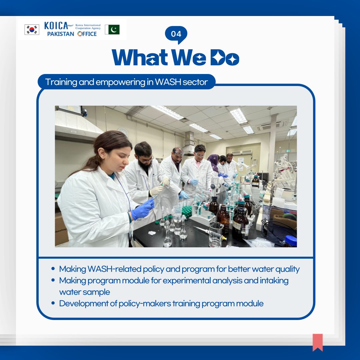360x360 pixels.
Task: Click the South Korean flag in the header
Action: pyautogui.click(x=32, y=30)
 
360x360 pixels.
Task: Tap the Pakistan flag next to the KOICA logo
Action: pyautogui.click(x=112, y=30)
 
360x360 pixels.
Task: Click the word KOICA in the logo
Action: pyautogui.click(x=55, y=26)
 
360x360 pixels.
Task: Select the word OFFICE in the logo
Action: pyautogui.click(x=87, y=34)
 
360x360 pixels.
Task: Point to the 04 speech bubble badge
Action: pyautogui.click(x=176, y=34)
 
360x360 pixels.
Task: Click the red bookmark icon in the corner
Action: pyautogui.click(x=317, y=342)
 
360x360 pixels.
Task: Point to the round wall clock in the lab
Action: pyautogui.click(x=123, y=132)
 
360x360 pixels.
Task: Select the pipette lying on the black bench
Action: pyautogui.click(x=209, y=232)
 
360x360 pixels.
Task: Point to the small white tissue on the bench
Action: pyautogui.click(x=152, y=233)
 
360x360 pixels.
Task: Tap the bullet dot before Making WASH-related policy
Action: pyautogui.click(x=53, y=269)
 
